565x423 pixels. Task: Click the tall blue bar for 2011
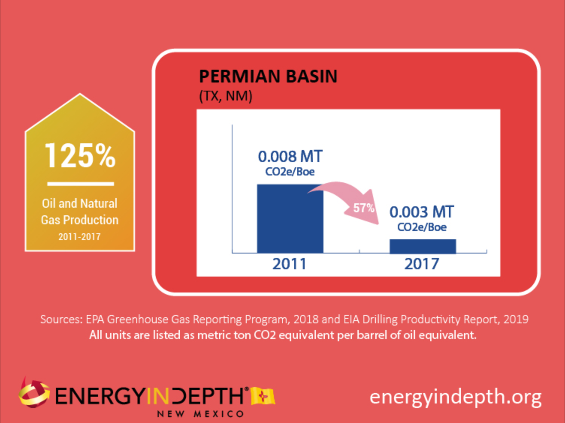click(290, 219)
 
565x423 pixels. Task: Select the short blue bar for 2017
click(423, 246)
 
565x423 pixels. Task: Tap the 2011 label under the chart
click(290, 264)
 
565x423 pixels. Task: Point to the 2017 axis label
click(422, 264)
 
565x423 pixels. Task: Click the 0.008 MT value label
click(290, 156)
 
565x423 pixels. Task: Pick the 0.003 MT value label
click(421, 212)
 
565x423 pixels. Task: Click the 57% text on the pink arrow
click(364, 208)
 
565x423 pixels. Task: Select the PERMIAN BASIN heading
click(268, 76)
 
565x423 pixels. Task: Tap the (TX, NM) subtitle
click(225, 96)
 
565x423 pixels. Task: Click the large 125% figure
click(80, 156)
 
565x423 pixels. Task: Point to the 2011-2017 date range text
click(80, 237)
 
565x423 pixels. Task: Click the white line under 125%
click(80, 184)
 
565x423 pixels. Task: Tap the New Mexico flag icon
click(263, 396)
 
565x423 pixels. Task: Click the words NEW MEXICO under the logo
click(201, 414)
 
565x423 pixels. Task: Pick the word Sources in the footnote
click(61, 319)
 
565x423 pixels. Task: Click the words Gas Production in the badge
click(80, 220)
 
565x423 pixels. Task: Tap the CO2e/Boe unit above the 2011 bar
click(290, 172)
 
